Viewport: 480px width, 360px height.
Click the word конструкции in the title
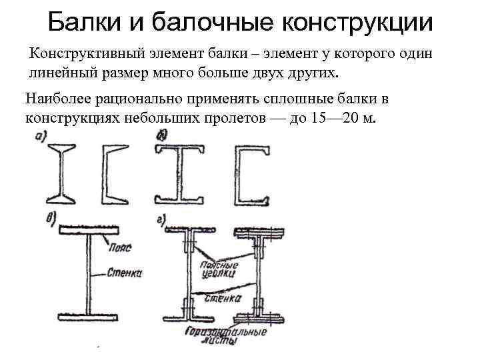(359, 23)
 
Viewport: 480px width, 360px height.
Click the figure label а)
(40, 137)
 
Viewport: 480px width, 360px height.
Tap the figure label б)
(161, 136)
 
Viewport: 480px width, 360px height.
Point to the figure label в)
(48, 219)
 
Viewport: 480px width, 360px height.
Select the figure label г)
(161, 219)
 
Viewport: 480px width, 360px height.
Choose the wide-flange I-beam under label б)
(180, 174)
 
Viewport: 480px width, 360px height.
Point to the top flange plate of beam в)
(89, 230)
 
